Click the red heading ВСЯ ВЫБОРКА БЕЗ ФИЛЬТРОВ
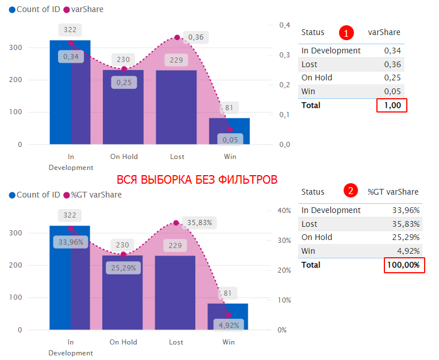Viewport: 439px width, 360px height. (x=197, y=180)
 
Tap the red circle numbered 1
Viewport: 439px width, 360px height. (x=346, y=32)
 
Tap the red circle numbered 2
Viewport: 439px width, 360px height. (x=350, y=192)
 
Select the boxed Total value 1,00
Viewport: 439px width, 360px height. (x=392, y=105)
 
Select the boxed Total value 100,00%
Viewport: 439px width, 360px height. (x=404, y=265)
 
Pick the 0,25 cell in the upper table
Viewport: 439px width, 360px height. (x=392, y=78)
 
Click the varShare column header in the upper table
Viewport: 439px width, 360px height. (x=384, y=32)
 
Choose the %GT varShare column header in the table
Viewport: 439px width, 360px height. (x=394, y=192)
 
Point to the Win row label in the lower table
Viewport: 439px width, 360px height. (x=308, y=251)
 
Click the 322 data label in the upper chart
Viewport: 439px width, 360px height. (x=70, y=29)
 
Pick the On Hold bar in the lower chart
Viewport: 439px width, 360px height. (x=123, y=292)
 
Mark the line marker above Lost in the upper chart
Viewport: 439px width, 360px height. (x=177, y=38)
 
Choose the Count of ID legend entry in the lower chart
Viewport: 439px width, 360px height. (x=34, y=195)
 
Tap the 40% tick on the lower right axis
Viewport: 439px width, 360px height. (x=284, y=211)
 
